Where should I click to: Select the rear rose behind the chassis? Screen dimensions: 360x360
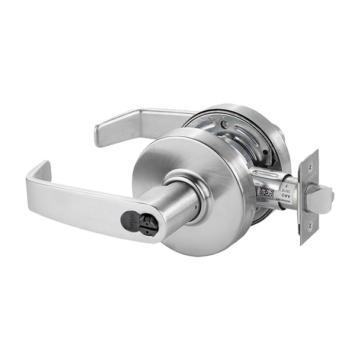[278, 148]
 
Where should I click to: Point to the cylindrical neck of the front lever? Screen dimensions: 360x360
[172, 204]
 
